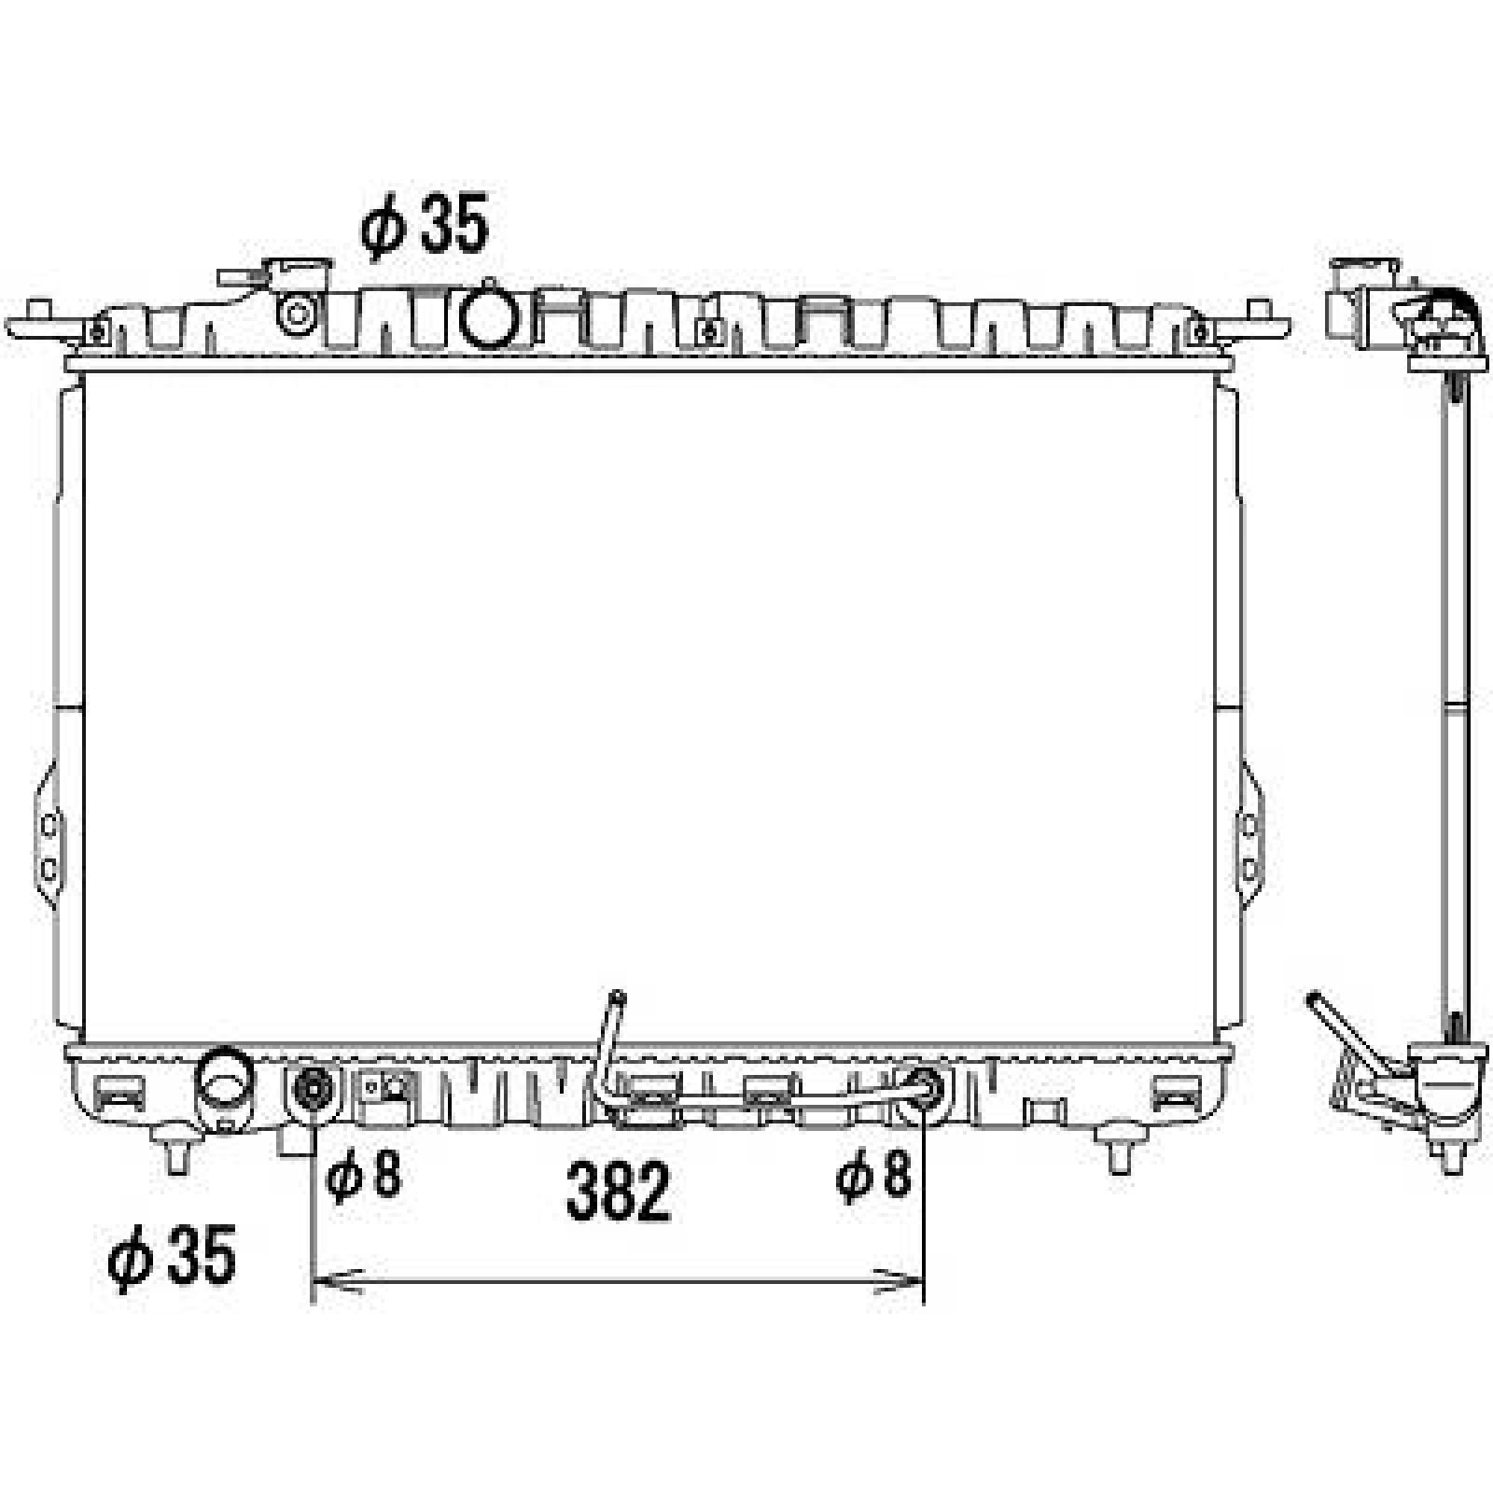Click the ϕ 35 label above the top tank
426,227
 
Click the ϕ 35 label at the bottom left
172,1257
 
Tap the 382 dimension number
618,1192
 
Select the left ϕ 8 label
363,1175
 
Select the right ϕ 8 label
872,1175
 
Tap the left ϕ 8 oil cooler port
312,1089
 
